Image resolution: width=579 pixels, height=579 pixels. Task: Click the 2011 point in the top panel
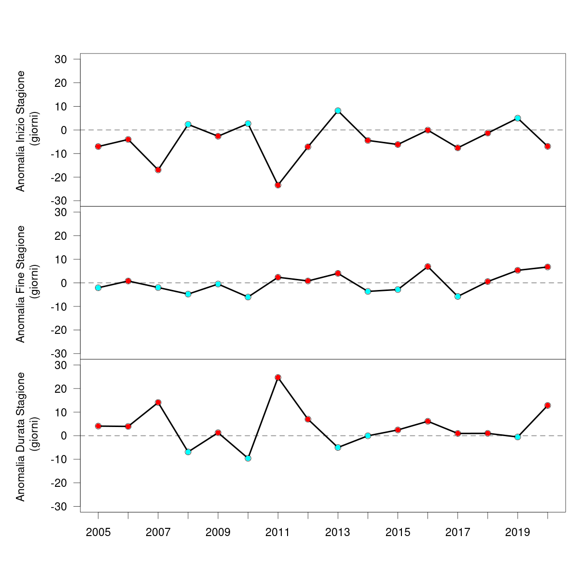(278, 185)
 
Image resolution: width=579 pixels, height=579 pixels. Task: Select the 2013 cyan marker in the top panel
(338, 110)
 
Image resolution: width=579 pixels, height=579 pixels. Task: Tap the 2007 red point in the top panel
(158, 170)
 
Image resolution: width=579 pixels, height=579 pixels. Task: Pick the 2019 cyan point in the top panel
(517, 118)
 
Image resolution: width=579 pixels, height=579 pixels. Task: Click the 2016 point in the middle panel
(427, 266)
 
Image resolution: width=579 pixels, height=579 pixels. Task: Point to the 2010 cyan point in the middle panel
(248, 297)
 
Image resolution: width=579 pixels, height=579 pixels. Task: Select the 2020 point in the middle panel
(548, 267)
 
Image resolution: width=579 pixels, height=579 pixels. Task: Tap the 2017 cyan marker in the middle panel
(457, 296)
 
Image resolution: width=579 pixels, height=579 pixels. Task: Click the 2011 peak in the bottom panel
(278, 377)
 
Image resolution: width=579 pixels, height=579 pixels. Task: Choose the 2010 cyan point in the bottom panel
(248, 458)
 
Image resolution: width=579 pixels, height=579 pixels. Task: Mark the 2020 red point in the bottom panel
(548, 405)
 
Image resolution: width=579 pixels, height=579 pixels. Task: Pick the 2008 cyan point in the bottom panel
(188, 452)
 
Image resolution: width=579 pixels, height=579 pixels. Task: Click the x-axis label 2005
(98, 533)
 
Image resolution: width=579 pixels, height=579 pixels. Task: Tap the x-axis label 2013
(338, 533)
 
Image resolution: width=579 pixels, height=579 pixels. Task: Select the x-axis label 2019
(517, 533)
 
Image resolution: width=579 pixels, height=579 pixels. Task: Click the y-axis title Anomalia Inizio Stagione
(20, 131)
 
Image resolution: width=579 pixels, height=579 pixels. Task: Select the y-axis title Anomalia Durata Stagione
(20, 436)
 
